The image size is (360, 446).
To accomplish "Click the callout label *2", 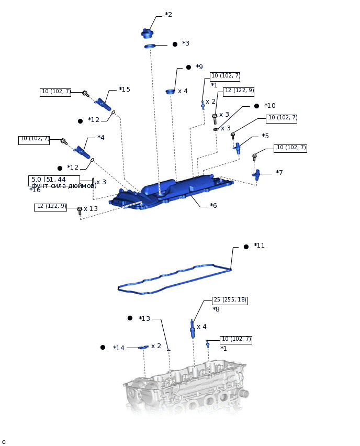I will click(168, 15).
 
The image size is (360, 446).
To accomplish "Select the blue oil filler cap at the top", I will click(147, 34).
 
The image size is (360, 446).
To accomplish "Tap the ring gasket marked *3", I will click(150, 47).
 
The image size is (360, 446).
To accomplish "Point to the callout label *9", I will click(199, 67).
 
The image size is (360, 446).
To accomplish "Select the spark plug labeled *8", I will click(193, 329).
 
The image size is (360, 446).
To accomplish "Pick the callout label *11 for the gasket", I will click(259, 246).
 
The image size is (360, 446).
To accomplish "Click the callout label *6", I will click(213, 206).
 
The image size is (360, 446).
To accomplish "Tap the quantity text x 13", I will click(91, 209).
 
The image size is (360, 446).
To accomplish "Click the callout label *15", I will click(125, 90).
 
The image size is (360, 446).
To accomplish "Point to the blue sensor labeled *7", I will click(256, 174).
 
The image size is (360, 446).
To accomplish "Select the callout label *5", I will click(265, 136).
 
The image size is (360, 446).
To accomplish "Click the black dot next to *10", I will click(256, 106).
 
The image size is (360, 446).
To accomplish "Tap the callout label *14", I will click(119, 348).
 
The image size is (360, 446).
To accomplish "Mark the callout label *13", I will click(144, 319).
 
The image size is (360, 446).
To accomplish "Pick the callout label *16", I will click(35, 190).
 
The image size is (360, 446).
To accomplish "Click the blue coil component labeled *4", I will click(82, 152).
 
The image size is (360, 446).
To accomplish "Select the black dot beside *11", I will click(246, 247).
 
